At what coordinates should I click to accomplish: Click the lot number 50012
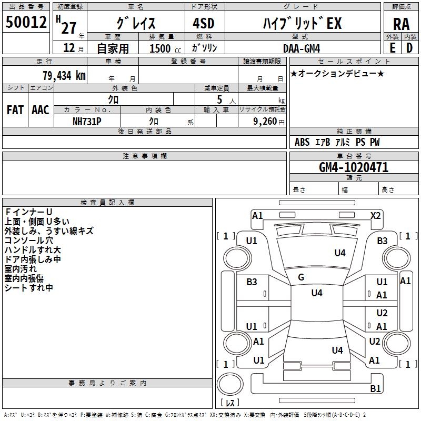pyautogui.click(x=26, y=23)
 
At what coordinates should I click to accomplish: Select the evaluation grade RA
pyautogui.click(x=401, y=24)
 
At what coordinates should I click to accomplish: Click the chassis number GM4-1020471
pyautogui.click(x=354, y=168)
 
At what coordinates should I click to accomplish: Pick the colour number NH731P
pyautogui.click(x=87, y=121)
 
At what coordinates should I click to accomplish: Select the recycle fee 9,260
pyautogui.click(x=265, y=121)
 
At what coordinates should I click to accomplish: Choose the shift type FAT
pyautogui.click(x=15, y=110)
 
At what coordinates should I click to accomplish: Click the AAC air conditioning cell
pyautogui.click(x=41, y=110)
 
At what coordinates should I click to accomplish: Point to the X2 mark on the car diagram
pyautogui.click(x=375, y=216)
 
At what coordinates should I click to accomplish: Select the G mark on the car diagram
pyautogui.click(x=301, y=277)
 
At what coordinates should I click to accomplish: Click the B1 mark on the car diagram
pyautogui.click(x=375, y=389)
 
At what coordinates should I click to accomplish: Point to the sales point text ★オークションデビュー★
pyautogui.click(x=337, y=74)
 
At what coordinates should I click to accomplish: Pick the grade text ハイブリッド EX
pyautogui.click(x=302, y=23)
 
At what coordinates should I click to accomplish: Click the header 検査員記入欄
pyautogui.click(x=107, y=202)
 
